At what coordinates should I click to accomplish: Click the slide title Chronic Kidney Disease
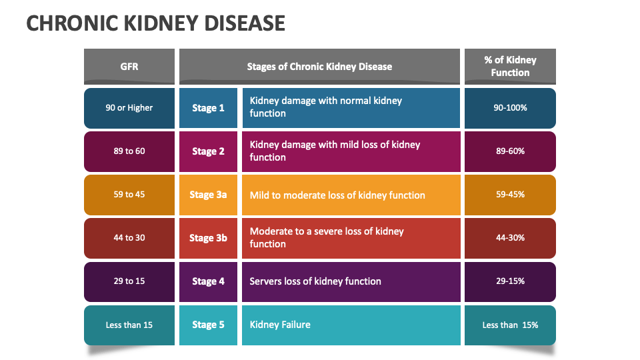[x=155, y=23]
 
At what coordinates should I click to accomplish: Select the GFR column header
[x=129, y=66]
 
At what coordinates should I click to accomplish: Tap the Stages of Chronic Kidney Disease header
[x=319, y=66]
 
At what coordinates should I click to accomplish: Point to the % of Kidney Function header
[x=510, y=66]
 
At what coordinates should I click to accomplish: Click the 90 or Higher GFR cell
[x=129, y=108]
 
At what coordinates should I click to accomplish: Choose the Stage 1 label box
[x=208, y=108]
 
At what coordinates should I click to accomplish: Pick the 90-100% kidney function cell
[x=510, y=108]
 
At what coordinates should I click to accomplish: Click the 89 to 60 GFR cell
[x=129, y=151]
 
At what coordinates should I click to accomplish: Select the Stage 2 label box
[x=208, y=151]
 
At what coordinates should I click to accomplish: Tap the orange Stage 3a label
[x=208, y=195]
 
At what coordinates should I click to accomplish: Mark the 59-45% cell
[x=510, y=195]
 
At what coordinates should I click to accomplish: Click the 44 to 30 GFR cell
[x=129, y=238]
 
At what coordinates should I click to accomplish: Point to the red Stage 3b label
[x=208, y=238]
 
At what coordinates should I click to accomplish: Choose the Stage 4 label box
[x=208, y=281]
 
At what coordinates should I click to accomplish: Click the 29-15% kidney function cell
[x=510, y=281]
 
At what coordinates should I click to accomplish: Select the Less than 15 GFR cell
[x=129, y=325]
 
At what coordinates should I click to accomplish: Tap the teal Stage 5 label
[x=208, y=325]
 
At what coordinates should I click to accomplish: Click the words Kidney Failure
[x=280, y=325]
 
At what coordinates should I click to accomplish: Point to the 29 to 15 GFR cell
[x=129, y=281]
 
